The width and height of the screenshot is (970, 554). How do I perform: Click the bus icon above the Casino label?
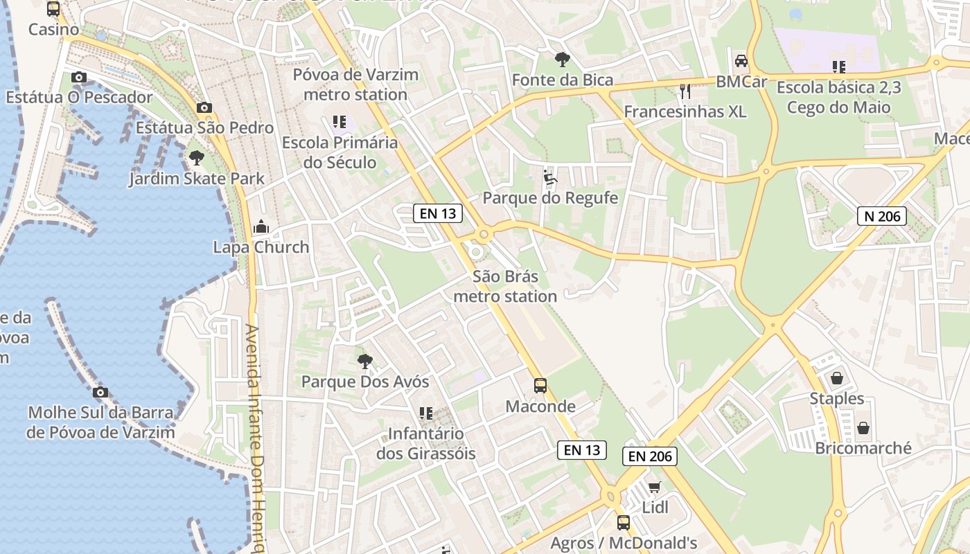(53, 9)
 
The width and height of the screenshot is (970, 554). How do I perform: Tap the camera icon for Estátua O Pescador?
(79, 77)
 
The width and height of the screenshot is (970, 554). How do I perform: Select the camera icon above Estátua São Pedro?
(204, 107)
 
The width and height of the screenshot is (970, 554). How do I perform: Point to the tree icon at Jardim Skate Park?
(197, 158)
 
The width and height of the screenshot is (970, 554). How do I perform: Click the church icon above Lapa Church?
(261, 226)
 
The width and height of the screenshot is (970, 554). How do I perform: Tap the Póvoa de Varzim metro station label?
(355, 84)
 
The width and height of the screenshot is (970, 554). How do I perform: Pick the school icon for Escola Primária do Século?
(339, 123)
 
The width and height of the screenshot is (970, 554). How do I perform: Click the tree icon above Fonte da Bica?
(562, 60)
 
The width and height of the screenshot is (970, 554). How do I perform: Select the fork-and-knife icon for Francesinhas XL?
(685, 91)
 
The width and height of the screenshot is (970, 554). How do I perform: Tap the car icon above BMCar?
(741, 61)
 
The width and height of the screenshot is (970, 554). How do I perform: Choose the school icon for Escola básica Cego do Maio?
(839, 67)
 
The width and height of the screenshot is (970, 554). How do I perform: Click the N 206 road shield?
(882, 216)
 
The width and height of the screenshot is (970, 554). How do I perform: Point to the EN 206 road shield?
(649, 456)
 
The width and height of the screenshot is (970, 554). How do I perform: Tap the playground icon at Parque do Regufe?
(550, 177)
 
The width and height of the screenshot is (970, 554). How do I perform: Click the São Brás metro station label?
(504, 287)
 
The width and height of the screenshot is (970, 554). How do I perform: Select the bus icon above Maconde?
(540, 386)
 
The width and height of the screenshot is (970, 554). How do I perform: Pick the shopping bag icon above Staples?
(837, 378)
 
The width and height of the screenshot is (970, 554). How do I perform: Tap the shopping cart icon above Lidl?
(655, 487)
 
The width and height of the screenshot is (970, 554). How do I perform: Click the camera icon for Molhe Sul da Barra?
(100, 393)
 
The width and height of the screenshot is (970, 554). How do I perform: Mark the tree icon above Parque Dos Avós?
(364, 361)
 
